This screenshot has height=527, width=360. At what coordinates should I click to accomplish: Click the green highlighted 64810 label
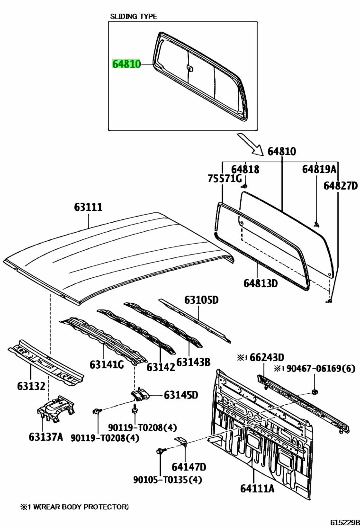click(x=126, y=64)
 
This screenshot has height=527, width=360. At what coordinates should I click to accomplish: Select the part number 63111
click(x=88, y=207)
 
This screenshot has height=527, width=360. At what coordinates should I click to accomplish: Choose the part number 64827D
click(x=341, y=186)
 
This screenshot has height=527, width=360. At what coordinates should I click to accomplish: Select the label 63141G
click(x=107, y=364)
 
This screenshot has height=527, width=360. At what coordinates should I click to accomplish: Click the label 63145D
click(x=181, y=395)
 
